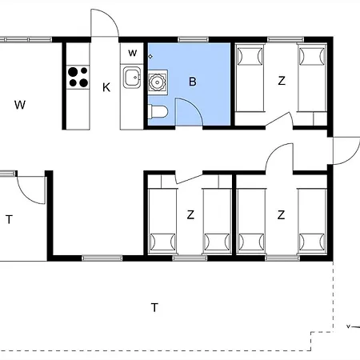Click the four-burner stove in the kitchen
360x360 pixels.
(x=78, y=77)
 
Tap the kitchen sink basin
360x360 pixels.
(x=132, y=78)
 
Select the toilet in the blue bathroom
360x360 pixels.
(x=158, y=112)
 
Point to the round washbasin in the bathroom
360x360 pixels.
(x=158, y=82)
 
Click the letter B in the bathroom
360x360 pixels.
(x=193, y=82)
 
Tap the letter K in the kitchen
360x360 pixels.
(x=106, y=87)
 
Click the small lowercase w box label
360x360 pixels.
(x=133, y=53)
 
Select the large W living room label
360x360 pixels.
(x=20, y=105)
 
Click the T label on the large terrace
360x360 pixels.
(x=154, y=307)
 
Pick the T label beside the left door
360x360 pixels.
(x=10, y=219)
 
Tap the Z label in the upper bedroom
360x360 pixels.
(x=282, y=81)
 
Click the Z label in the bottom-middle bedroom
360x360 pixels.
(x=190, y=214)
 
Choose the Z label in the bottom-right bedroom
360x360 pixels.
(x=281, y=214)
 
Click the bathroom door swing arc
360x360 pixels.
(x=196, y=105)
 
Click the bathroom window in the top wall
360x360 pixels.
(x=193, y=40)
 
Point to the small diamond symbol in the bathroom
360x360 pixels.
(x=150, y=57)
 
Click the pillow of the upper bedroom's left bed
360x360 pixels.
(x=250, y=56)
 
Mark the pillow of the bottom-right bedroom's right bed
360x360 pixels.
(x=312, y=242)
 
